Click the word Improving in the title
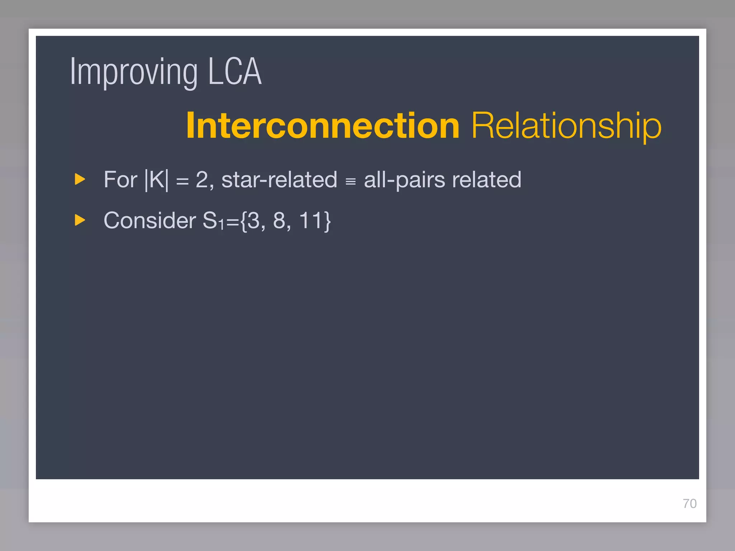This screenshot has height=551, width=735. coord(134,72)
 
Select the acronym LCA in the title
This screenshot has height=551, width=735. coord(235,72)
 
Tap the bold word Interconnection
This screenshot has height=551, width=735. coord(323,126)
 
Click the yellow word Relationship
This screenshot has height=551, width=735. coord(566,126)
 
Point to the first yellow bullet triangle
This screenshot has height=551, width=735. coord(80,179)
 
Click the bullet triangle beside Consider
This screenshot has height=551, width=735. coord(80,220)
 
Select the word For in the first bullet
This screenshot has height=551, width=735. coord(120,179)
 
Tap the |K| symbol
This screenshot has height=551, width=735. coord(156,179)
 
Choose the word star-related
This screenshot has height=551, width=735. coord(279,179)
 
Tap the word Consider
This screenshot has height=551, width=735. coord(150,220)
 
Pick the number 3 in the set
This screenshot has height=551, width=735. coord(254,220)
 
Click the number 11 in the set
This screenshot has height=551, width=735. coord(310,220)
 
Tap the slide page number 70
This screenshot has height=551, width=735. coord(689,504)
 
